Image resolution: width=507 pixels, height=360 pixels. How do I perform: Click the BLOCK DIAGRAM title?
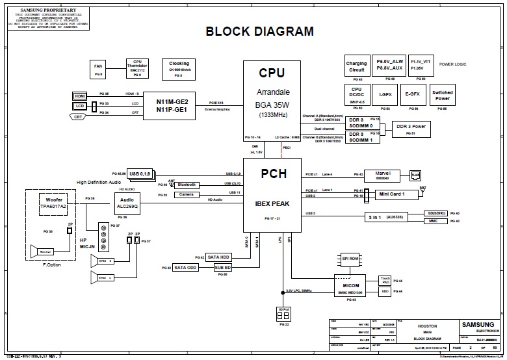(x=259, y=31)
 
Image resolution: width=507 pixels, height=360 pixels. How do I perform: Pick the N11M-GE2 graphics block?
(x=172, y=105)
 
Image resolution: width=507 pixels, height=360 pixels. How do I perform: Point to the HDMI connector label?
(x=80, y=96)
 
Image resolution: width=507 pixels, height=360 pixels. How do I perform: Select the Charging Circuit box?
(x=356, y=66)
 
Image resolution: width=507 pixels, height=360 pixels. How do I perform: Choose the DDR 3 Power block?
(x=410, y=129)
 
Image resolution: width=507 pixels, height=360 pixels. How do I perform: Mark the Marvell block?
(x=382, y=175)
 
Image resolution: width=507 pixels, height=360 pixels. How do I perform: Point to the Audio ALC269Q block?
(x=127, y=203)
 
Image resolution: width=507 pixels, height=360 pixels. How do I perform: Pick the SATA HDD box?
(x=218, y=257)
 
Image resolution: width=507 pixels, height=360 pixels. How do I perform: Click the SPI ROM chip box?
(x=350, y=259)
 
